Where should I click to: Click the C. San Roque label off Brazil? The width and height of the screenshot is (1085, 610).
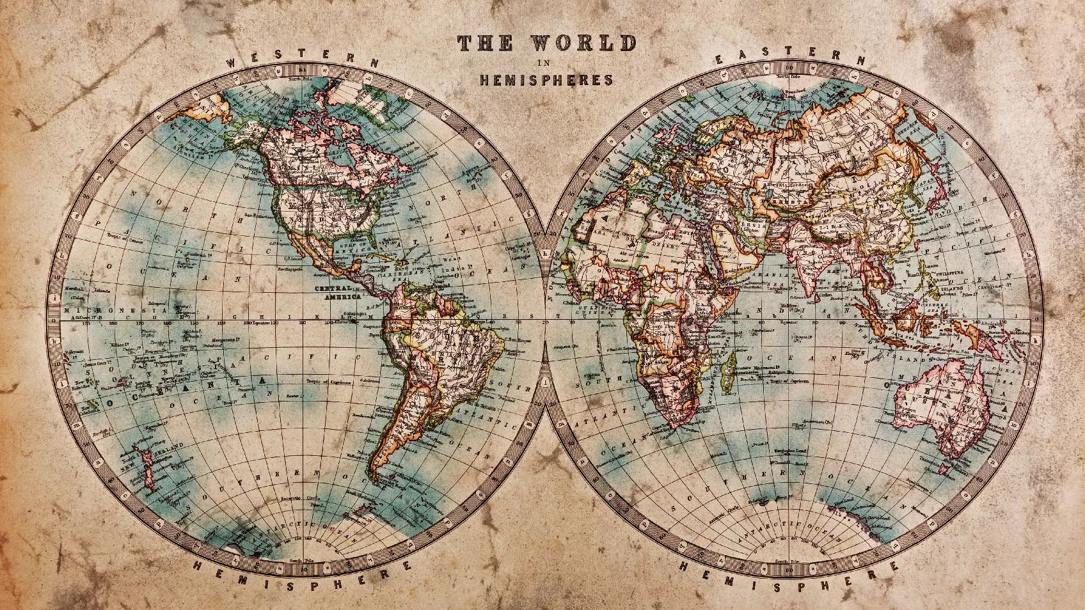[519, 340]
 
